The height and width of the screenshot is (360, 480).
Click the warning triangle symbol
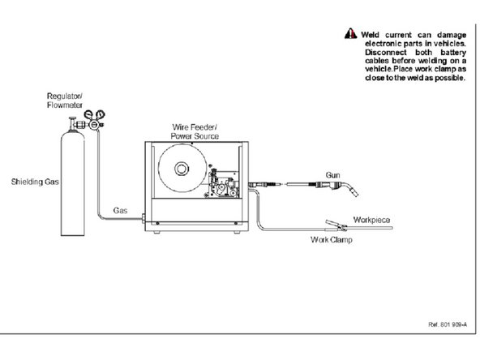point(350,33)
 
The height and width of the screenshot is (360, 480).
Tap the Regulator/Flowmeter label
point(65,101)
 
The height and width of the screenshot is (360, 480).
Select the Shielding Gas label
point(35,182)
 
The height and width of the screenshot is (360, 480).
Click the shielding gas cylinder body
point(72,184)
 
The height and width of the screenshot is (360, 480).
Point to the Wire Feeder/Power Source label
point(195,131)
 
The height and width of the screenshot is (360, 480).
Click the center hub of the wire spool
point(182,169)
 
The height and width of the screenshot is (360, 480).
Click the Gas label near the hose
point(120,211)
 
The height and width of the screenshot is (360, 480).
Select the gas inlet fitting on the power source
point(144,218)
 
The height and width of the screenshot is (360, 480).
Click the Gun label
point(332,175)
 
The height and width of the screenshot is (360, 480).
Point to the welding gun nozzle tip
point(355,192)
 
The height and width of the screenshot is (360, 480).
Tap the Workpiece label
point(371,220)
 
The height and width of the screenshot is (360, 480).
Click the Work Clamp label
point(332,240)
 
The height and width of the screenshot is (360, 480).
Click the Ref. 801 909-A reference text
point(448,324)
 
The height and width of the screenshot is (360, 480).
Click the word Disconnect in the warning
point(386,52)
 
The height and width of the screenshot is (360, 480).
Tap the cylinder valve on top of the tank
point(72,124)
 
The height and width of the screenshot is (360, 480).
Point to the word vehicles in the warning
point(450,44)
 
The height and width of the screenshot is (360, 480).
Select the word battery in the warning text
point(453,53)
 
